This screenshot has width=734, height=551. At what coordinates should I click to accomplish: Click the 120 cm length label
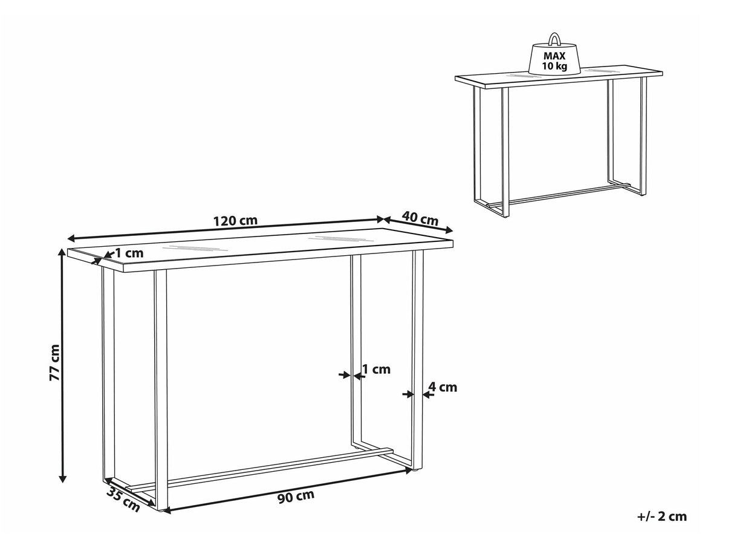pyautogui.click(x=236, y=221)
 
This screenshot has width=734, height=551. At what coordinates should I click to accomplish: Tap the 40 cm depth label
pyautogui.click(x=420, y=219)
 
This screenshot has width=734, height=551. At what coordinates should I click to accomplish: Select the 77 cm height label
pyautogui.click(x=54, y=362)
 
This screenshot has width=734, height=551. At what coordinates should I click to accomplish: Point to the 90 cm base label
pyautogui.click(x=296, y=497)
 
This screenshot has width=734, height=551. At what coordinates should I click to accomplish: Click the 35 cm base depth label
pyautogui.click(x=123, y=500)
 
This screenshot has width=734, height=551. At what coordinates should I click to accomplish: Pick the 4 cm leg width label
pyautogui.click(x=443, y=387)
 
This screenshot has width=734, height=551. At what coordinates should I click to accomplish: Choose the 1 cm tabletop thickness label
pyautogui.click(x=129, y=253)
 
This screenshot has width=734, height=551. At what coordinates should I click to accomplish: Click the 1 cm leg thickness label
pyautogui.click(x=377, y=370)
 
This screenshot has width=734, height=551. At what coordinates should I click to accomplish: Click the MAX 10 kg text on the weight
pyautogui.click(x=554, y=60)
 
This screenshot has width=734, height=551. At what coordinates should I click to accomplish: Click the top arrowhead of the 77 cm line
pyautogui.click(x=62, y=253)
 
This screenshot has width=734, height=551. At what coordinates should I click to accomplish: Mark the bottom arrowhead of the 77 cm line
pyautogui.click(x=62, y=479)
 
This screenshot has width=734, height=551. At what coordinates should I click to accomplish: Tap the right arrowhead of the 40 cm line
pyautogui.click(x=449, y=230)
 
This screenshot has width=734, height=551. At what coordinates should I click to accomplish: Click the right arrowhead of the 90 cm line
pyautogui.click(x=408, y=471)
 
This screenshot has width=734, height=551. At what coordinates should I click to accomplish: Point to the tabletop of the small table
pyautogui.click(x=559, y=77)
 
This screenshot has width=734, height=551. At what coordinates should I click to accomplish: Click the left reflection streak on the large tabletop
pyautogui.click(x=194, y=248)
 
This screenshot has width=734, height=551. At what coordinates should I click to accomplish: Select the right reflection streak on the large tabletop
pyautogui.click(x=340, y=238)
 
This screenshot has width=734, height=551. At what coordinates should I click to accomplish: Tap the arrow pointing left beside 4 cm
pyautogui.click(x=427, y=395)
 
